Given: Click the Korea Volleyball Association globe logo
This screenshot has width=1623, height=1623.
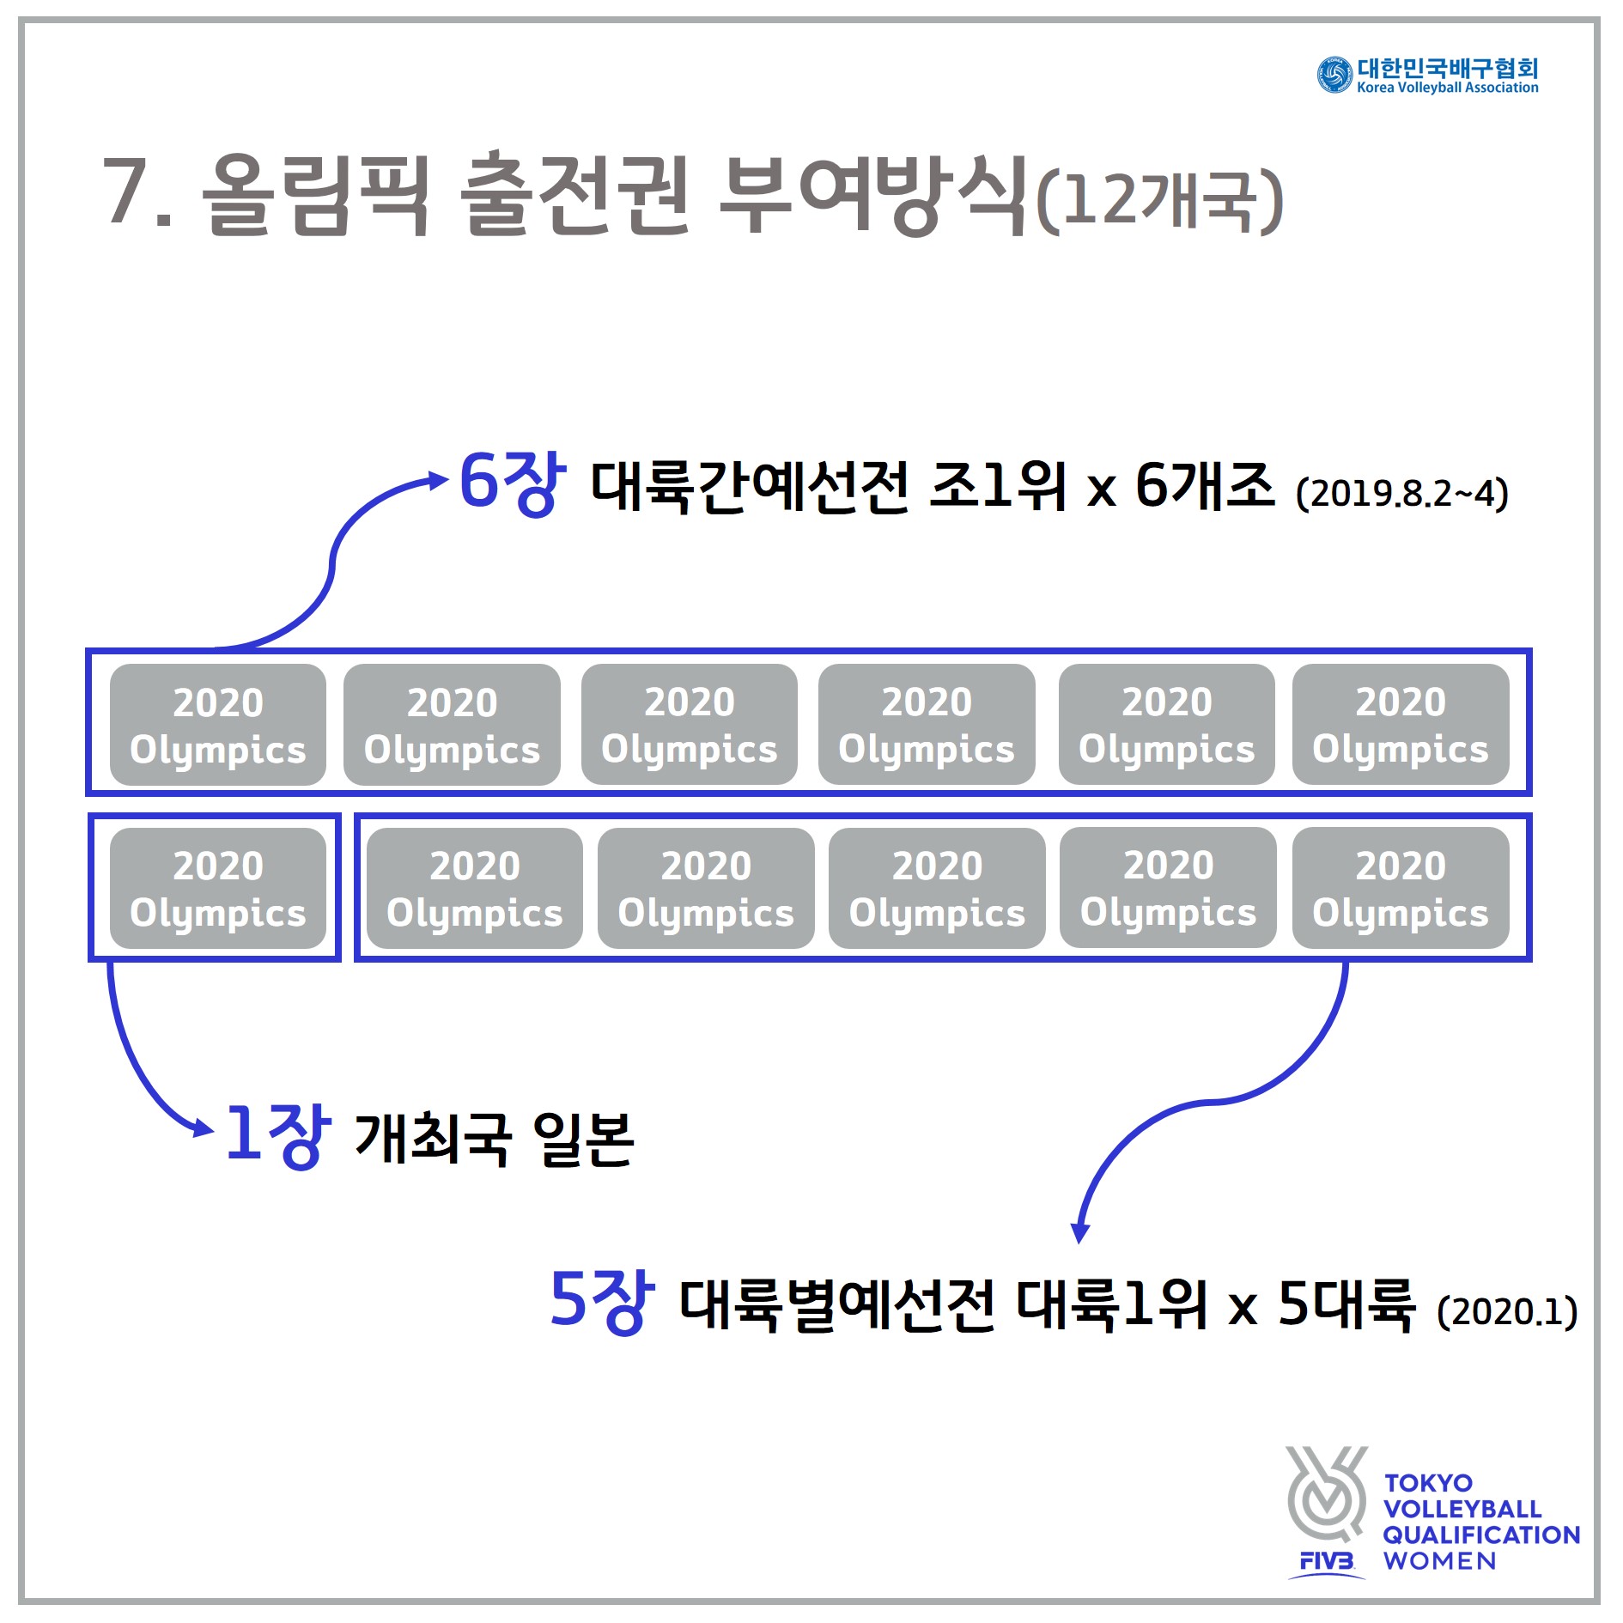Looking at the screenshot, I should [x=1334, y=76].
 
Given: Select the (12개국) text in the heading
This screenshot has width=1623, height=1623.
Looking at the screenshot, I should [x=1159, y=201].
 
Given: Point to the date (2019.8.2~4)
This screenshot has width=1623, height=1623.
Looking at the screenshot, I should [x=1401, y=494].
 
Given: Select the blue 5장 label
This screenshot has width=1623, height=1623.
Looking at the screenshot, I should [x=601, y=1302].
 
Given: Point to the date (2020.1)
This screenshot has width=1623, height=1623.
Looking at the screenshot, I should [x=1507, y=1311].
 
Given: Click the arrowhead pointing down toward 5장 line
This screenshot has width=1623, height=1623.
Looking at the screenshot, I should [x=1080, y=1232].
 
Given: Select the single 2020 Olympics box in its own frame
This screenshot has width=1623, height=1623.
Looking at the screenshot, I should [x=218, y=888].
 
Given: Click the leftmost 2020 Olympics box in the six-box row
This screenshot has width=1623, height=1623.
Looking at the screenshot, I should [x=218, y=725].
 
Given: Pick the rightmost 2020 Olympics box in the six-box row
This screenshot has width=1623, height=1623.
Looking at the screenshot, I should [x=1400, y=725].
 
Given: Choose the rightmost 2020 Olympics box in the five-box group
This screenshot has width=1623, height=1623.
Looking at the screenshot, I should [x=1400, y=888].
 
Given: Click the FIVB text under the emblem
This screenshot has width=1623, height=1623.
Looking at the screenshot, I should [x=1327, y=1560].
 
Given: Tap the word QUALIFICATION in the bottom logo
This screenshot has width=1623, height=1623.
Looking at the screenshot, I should [x=1481, y=1535].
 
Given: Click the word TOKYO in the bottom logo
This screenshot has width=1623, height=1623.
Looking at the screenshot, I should [x=1428, y=1483].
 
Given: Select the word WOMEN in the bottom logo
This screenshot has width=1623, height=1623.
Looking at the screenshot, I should [x=1440, y=1561].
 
